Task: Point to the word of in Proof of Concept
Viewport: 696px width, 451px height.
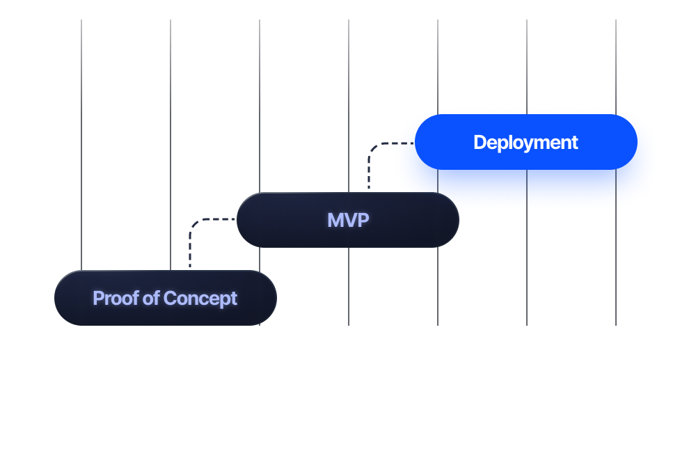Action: click(151, 299)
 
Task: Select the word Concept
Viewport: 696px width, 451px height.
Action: click(200, 299)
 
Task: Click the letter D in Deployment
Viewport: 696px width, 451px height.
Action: click(479, 143)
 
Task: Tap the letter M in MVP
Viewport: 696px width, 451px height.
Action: click(335, 221)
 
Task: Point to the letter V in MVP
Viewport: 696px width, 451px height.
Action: click(349, 221)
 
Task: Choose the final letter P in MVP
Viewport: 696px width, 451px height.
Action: click(363, 221)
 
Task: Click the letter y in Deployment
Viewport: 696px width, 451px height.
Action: click(526, 145)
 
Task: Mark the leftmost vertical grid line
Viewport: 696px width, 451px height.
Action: click(81, 139)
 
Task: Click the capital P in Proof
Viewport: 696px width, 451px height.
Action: click(98, 299)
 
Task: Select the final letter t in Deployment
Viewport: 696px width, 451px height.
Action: click(574, 143)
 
